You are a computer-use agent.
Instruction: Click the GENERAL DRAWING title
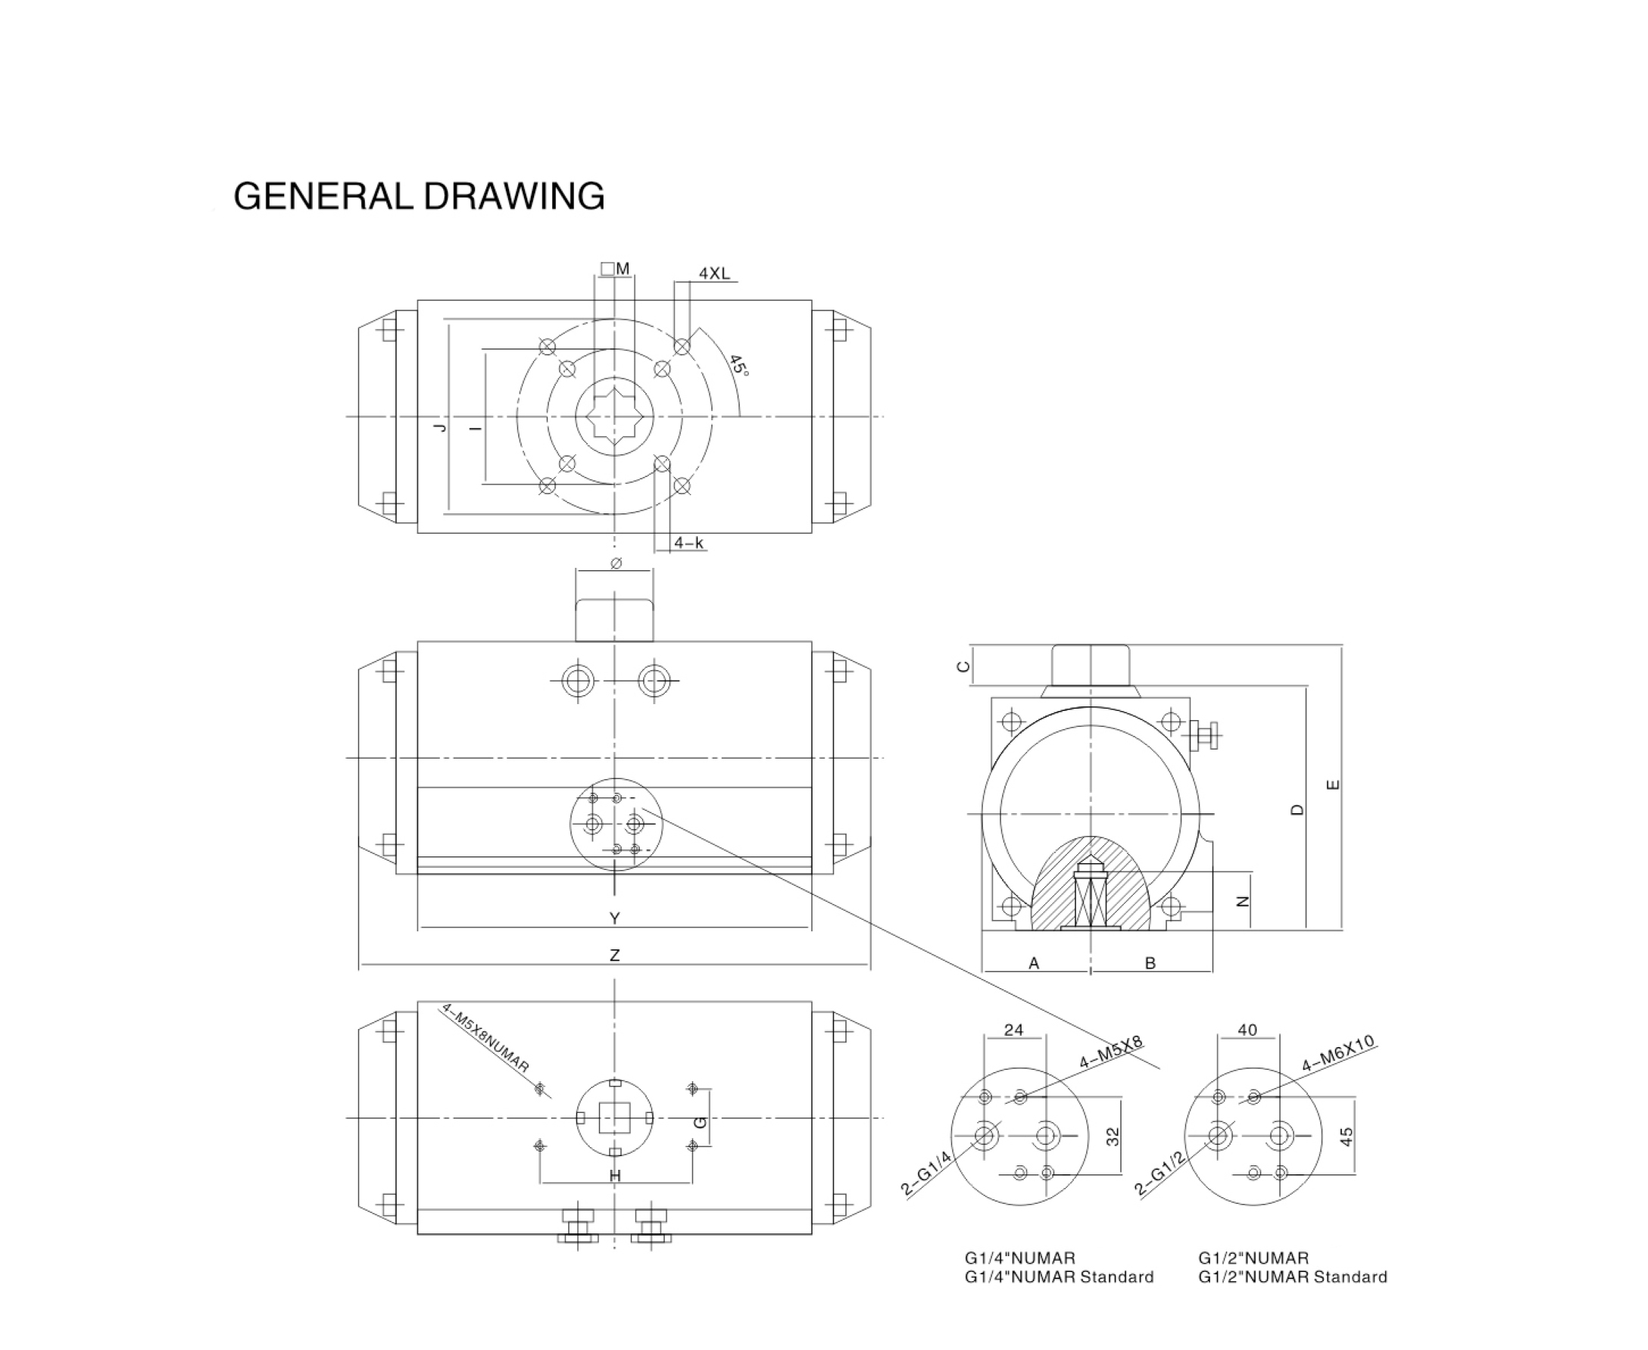point(418,196)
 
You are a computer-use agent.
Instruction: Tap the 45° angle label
point(738,366)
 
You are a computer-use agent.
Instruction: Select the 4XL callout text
point(714,273)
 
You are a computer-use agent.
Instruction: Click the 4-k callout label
point(688,543)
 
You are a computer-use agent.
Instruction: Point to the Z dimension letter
point(614,955)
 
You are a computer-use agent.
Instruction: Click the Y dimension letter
point(614,918)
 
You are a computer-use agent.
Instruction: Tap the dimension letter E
point(1333,784)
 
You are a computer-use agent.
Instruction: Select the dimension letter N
point(1243,901)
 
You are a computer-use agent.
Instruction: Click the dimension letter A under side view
point(1034,964)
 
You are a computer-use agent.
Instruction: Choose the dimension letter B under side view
point(1150,964)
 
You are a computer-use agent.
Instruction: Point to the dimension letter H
point(614,1176)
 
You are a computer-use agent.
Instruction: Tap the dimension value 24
point(1013,1030)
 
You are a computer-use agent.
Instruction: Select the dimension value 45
point(1347,1136)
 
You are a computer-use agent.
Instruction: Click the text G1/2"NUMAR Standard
point(1292,1277)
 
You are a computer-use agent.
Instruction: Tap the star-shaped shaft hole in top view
point(614,417)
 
